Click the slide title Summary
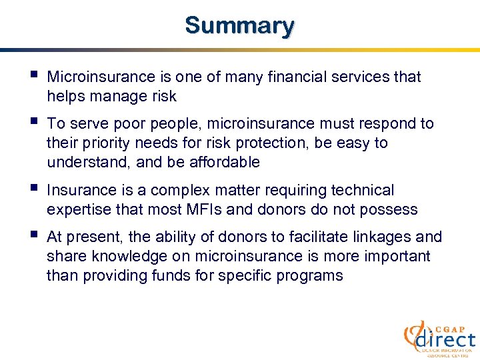coord(239,25)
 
